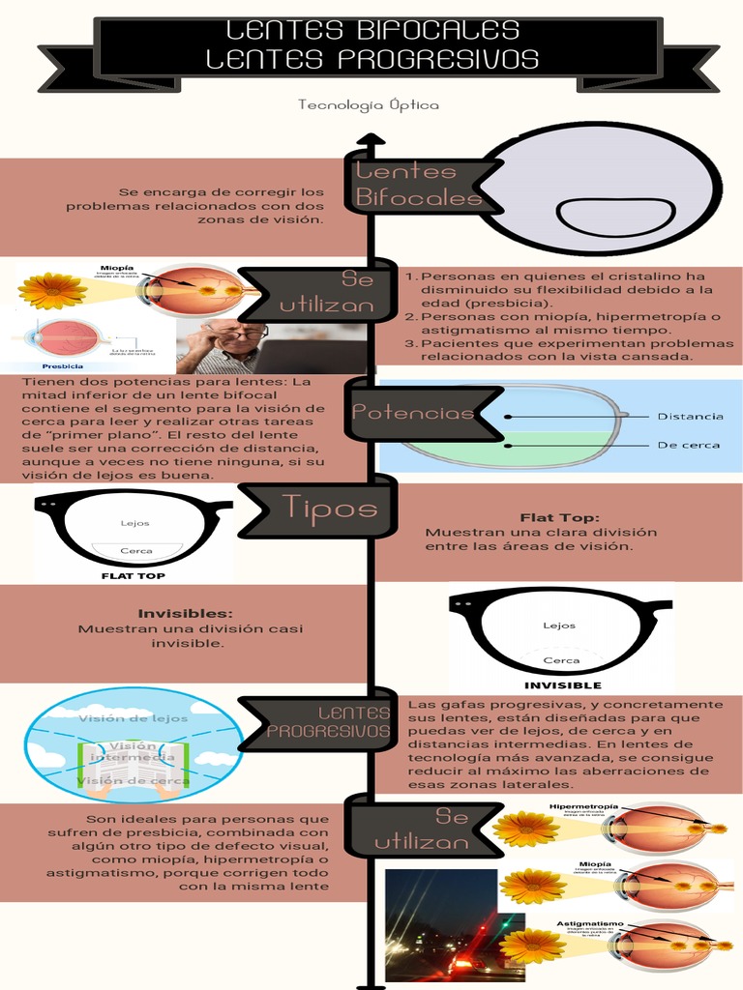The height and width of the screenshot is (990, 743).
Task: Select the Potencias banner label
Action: click(414, 413)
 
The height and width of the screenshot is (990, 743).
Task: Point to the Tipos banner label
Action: click(329, 507)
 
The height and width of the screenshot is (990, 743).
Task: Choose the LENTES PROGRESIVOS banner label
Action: click(328, 722)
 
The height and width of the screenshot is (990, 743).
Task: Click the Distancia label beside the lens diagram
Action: click(690, 417)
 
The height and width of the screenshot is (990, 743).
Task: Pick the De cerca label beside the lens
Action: click(689, 446)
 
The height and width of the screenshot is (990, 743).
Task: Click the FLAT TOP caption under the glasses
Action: click(133, 575)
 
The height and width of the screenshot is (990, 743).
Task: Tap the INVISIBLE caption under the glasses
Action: click(562, 684)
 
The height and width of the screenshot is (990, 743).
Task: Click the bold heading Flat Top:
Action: click(559, 517)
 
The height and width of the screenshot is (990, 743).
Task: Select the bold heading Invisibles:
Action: click(185, 613)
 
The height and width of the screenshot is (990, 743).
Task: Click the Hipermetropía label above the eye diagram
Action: click(583, 806)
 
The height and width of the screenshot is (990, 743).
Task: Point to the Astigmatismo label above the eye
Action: click(587, 923)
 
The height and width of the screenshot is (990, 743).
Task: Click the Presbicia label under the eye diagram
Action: click(62, 366)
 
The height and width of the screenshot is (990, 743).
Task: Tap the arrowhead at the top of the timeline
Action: click(370, 141)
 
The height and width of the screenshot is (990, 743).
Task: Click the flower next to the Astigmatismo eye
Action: click(531, 946)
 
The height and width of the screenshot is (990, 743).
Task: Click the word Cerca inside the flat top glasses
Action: click(135, 551)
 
